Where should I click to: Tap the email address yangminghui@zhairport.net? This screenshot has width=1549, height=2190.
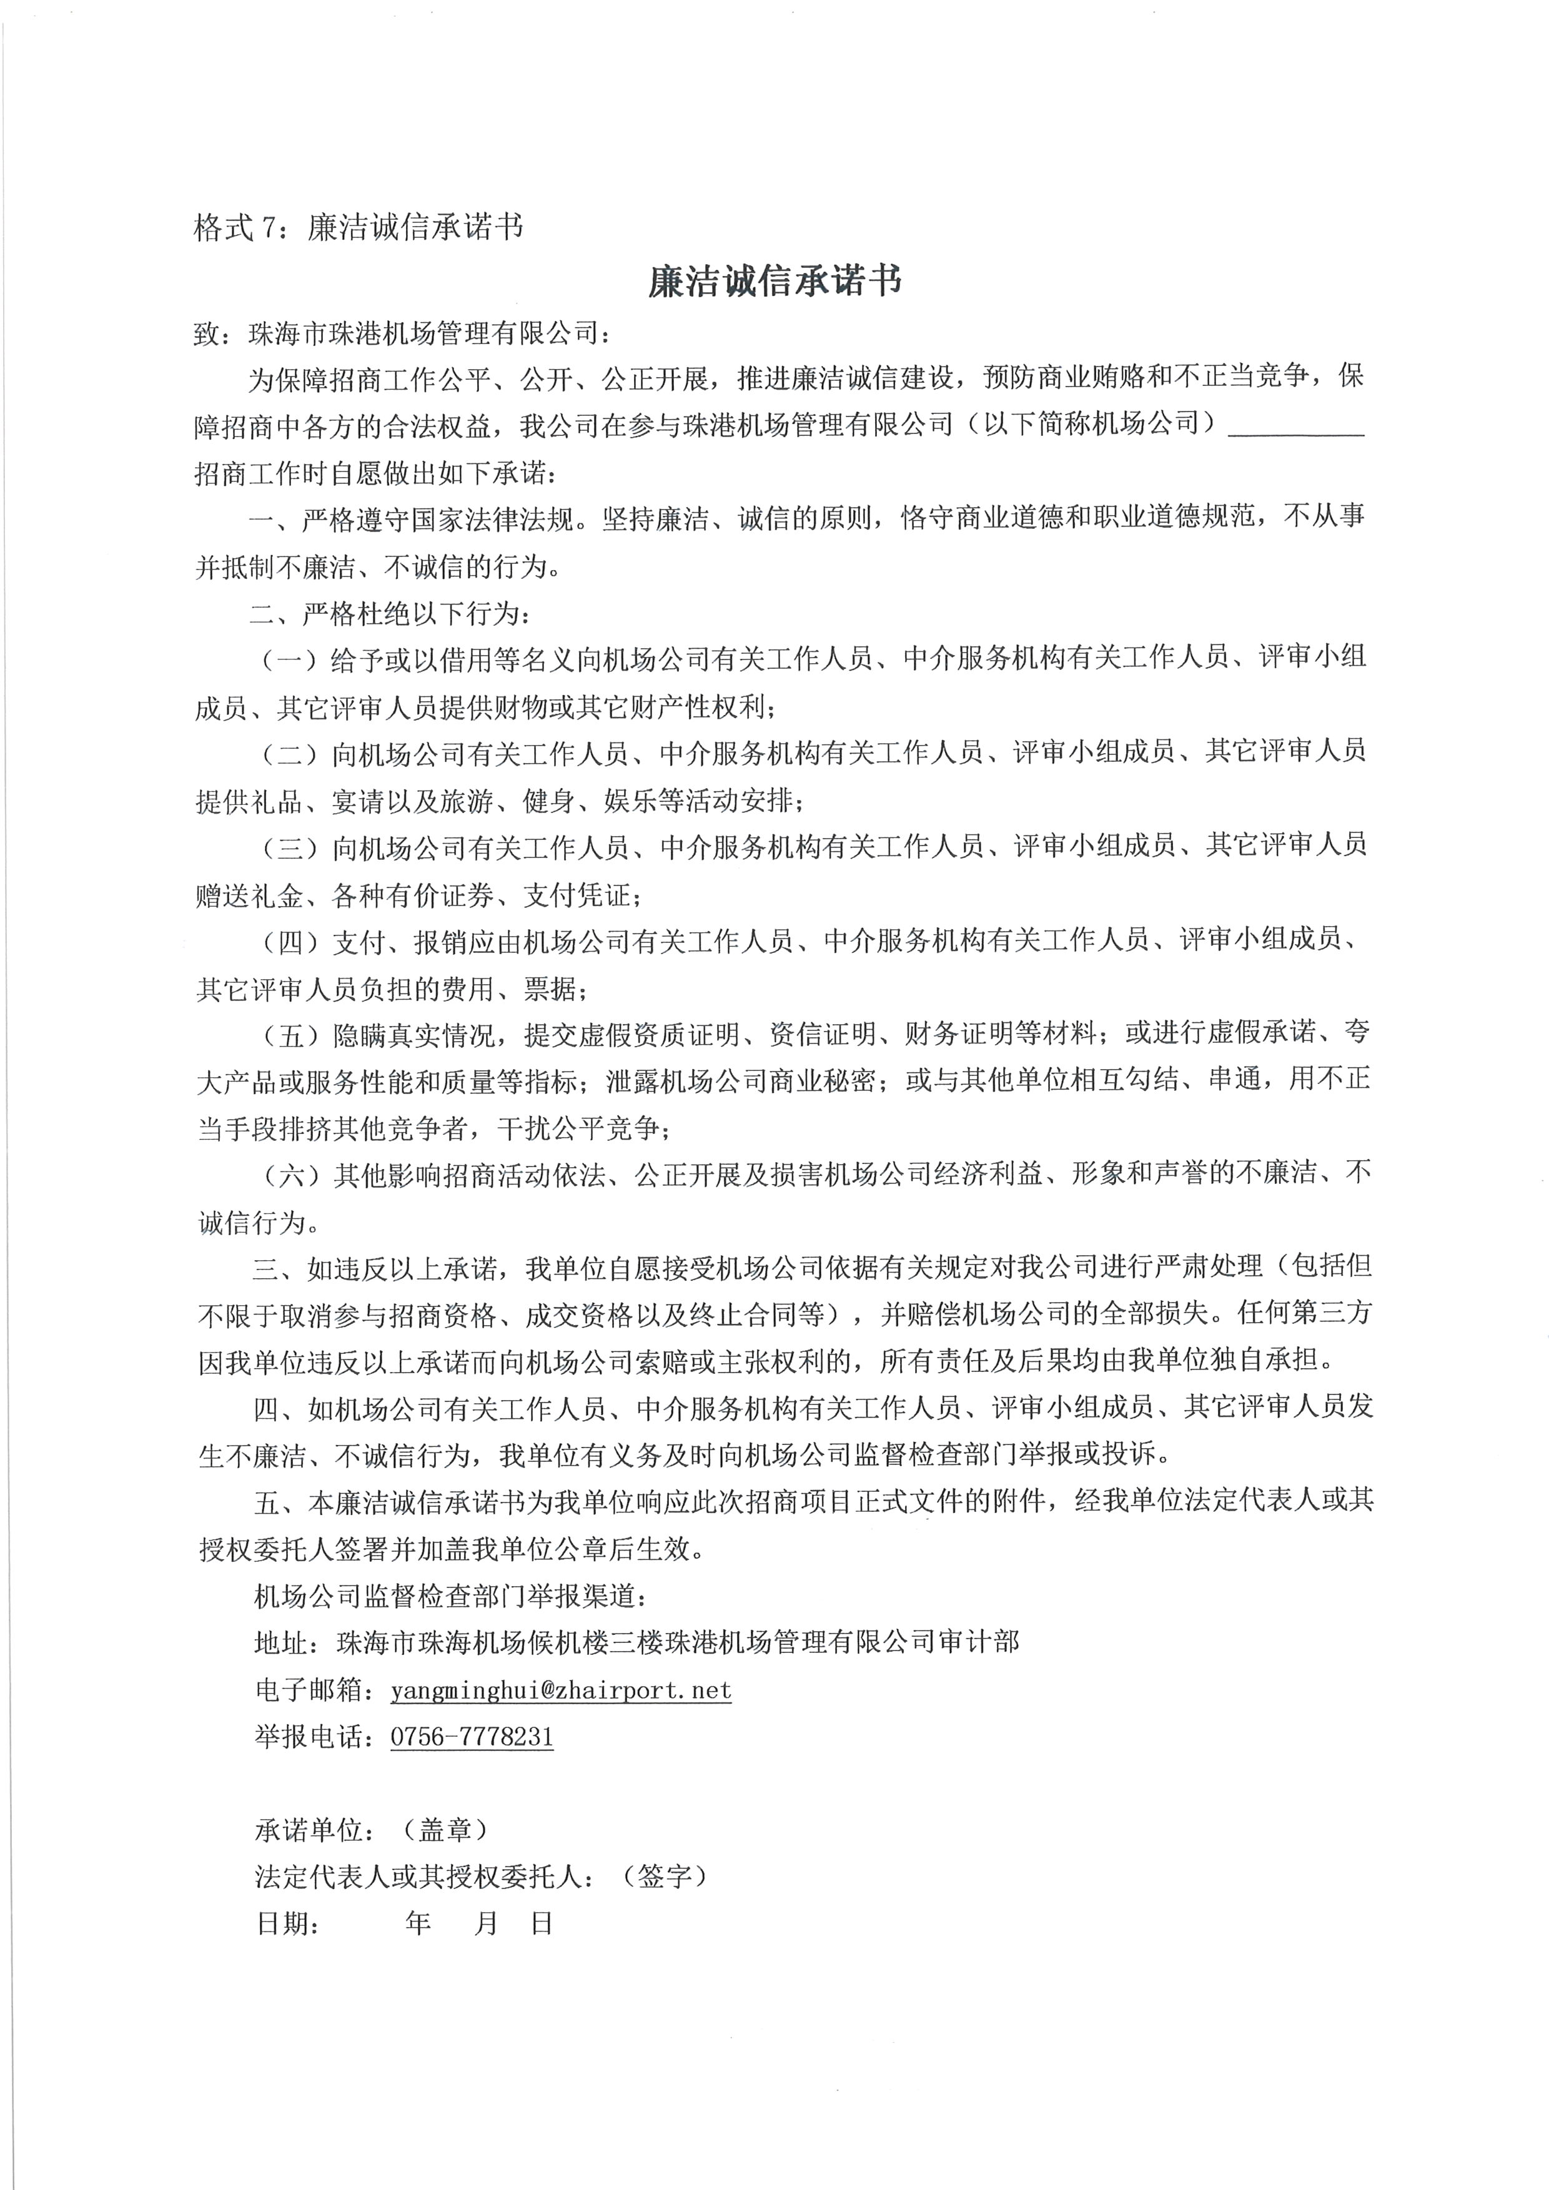pos(561,1691)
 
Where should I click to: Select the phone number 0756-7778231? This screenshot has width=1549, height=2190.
pos(472,1737)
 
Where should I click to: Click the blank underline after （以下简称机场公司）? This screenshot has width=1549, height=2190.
pos(1296,427)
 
